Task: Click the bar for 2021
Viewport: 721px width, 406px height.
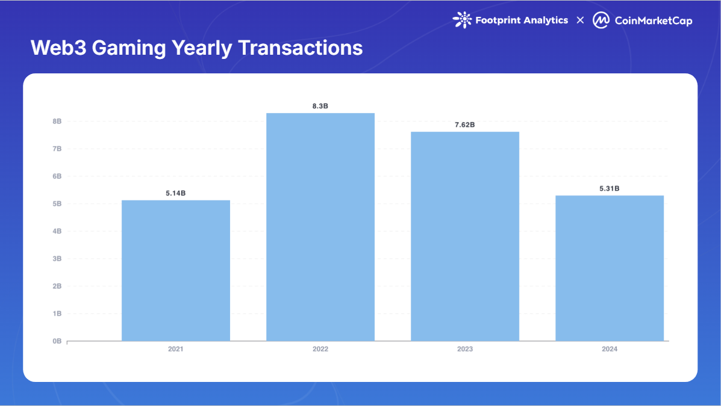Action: coord(176,271)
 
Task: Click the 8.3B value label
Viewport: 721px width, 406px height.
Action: coord(320,106)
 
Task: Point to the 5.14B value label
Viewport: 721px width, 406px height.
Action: coord(176,193)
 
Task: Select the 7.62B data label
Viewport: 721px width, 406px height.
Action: coord(465,125)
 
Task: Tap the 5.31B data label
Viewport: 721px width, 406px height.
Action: coord(610,188)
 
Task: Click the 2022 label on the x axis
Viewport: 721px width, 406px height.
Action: coord(320,349)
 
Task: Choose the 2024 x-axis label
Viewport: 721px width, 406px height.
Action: coord(610,349)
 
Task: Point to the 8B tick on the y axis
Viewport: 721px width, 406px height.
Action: coord(57,121)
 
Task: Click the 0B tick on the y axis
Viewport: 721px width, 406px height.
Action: coord(57,341)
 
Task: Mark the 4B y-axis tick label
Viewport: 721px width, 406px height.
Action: coord(57,232)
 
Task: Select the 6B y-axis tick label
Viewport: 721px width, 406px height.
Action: coord(57,176)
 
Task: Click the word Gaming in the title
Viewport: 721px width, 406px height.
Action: coord(127,48)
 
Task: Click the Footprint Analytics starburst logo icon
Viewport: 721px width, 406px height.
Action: coord(462,20)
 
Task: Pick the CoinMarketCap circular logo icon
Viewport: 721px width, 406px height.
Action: coord(601,20)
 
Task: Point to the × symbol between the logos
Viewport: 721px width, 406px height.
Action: coord(580,20)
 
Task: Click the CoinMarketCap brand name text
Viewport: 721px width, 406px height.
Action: coord(653,21)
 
